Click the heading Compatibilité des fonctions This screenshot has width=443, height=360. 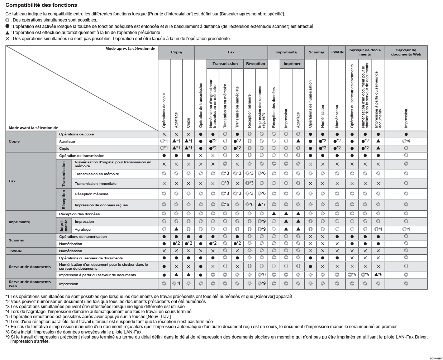click(41, 5)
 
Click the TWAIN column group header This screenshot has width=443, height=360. click(337, 52)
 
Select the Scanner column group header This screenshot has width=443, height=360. click(316, 52)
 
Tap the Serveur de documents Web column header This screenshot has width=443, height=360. click(406, 52)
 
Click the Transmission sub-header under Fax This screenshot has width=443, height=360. click(225, 64)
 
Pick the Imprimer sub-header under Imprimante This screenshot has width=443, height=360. click(292, 64)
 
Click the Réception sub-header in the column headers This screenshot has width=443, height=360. click(256, 64)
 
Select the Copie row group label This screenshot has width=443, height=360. click(14, 141)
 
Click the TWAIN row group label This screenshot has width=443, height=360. click(15, 251)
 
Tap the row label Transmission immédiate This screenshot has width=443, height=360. click(95, 184)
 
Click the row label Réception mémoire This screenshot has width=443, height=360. click(91, 194)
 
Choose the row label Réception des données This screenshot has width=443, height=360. click(79, 214)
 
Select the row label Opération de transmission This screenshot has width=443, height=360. click(82, 156)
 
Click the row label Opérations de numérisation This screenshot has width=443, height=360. click(83, 237)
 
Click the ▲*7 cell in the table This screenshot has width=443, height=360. click(262, 205)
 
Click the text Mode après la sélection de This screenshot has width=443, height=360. click(130, 49)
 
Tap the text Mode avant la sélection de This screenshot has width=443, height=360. click(33, 128)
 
